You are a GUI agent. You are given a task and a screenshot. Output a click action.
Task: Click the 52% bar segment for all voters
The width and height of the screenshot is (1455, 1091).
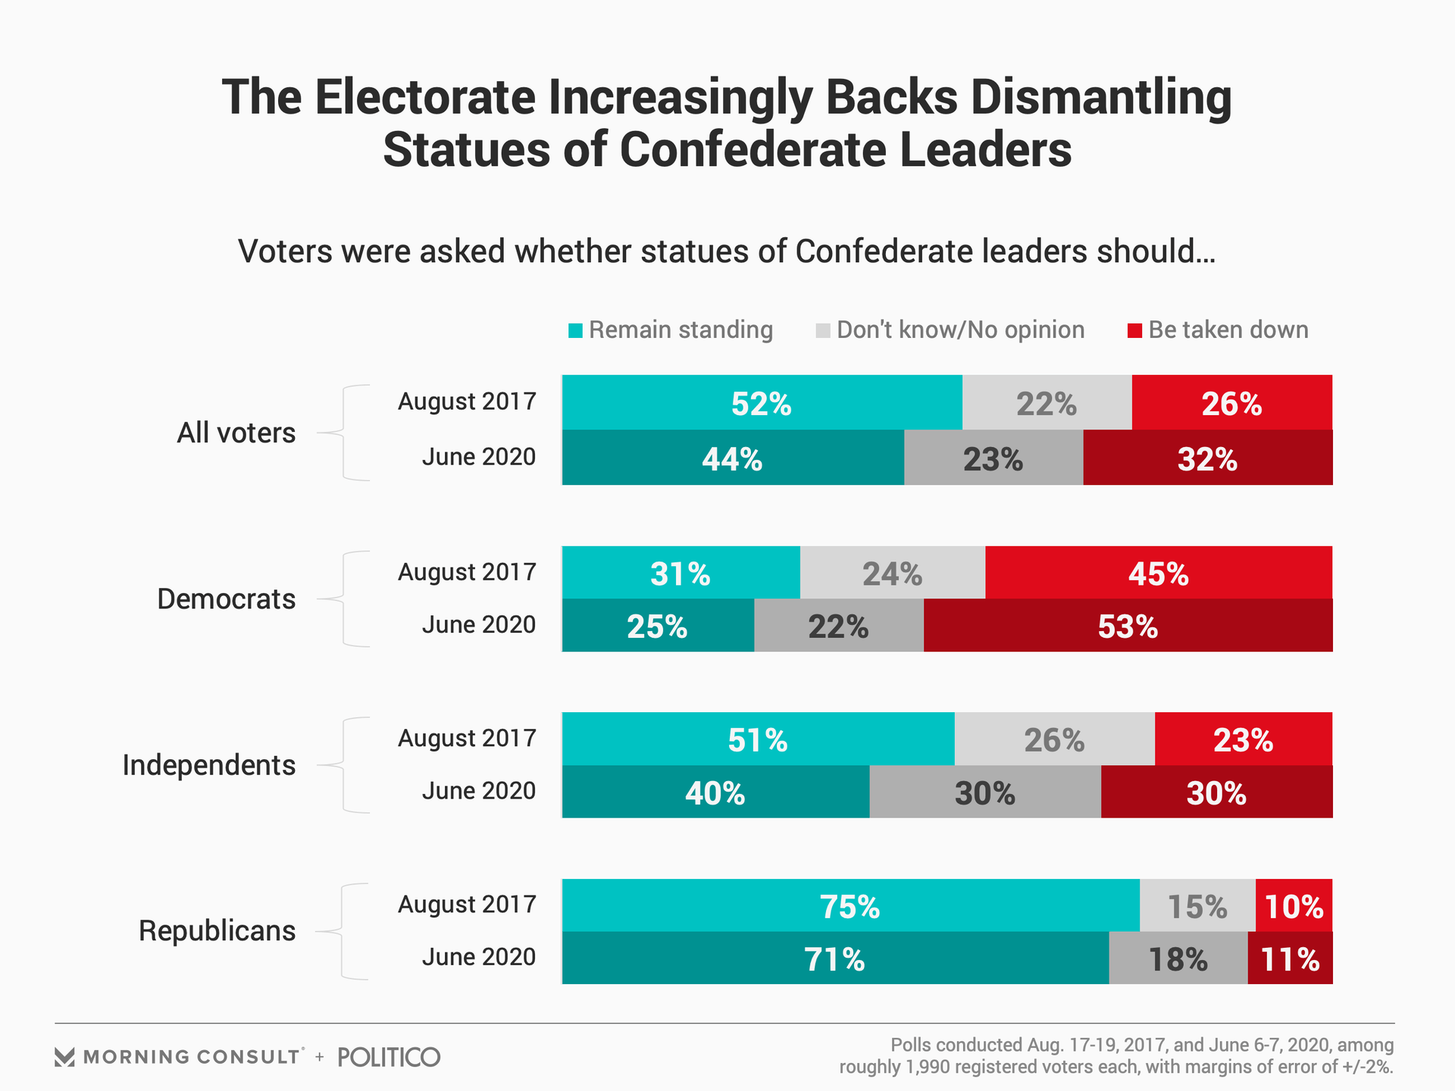762,403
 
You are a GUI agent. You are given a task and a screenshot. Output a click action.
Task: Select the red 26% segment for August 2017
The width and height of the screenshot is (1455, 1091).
1231,403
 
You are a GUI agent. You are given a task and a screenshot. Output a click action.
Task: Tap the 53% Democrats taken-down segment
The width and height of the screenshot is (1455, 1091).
1128,626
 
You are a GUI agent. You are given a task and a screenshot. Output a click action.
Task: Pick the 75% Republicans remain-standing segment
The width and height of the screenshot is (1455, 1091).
850,906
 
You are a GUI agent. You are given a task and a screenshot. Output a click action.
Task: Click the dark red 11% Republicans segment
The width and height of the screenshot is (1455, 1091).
1290,958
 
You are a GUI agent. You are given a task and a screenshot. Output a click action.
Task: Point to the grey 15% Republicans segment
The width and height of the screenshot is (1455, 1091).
1197,906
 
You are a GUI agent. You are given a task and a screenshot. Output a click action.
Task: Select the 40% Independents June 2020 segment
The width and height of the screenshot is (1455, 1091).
715,792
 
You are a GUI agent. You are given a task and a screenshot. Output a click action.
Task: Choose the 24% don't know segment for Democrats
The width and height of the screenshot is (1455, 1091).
892,574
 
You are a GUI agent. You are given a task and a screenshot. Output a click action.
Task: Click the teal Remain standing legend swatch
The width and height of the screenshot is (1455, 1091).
575,331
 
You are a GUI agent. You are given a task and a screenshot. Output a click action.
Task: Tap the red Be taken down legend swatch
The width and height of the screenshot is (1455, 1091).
1134,331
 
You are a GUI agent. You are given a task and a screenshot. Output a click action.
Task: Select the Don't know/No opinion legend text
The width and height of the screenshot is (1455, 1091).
960,330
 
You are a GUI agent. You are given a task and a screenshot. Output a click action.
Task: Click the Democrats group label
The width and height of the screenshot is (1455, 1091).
226,599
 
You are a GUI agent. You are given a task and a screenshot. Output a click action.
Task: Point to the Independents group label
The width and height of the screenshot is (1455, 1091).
208,765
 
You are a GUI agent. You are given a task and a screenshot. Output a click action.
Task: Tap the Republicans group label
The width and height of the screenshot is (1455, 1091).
217,930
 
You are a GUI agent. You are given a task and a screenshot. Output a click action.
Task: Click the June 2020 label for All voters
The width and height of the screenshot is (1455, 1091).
478,457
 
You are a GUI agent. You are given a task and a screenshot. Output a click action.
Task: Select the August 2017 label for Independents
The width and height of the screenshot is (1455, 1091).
467,738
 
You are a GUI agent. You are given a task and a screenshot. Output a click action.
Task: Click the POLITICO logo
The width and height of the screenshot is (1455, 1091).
389,1057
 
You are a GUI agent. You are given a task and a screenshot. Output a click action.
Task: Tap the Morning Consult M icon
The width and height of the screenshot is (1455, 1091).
65,1057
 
